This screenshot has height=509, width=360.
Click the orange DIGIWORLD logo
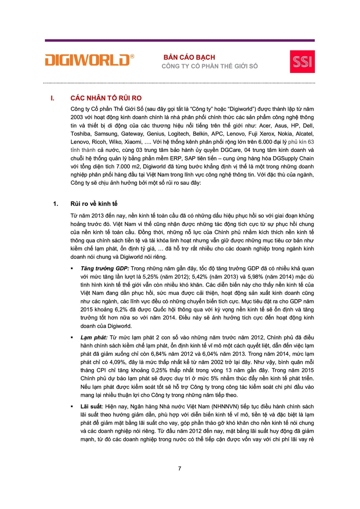click(90, 60)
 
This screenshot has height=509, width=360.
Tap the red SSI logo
click(302, 61)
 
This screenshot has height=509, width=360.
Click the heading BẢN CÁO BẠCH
click(189, 57)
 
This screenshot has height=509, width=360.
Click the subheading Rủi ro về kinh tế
click(94, 204)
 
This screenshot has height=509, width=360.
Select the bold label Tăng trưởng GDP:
click(104, 268)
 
